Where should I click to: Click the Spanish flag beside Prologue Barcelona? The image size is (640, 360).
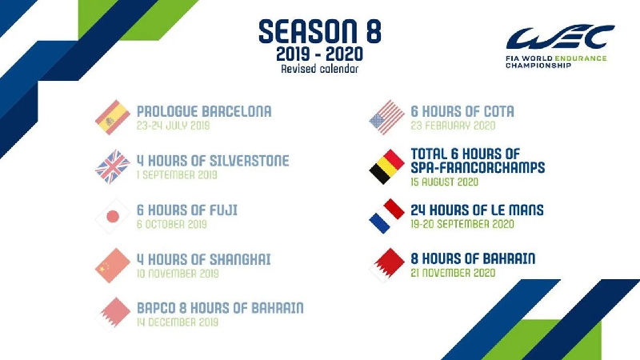[x=113, y=118]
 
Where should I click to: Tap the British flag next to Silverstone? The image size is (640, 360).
[x=113, y=166]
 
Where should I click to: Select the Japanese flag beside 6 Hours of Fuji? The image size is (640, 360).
[x=113, y=216]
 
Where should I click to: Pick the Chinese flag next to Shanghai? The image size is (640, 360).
[x=113, y=266]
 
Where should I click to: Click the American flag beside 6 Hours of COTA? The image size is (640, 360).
[x=387, y=118]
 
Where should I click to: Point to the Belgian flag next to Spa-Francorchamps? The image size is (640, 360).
[x=387, y=166]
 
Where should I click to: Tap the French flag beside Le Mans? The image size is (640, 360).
[x=387, y=216]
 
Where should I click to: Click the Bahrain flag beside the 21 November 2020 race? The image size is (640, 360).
[x=387, y=266]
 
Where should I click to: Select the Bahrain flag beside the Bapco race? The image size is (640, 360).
[x=113, y=314]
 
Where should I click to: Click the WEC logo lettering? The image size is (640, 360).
[x=561, y=37]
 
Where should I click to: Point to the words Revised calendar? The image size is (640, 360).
[x=319, y=69]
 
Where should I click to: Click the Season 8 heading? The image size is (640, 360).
[x=320, y=31]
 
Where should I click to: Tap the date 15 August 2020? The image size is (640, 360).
[x=445, y=182]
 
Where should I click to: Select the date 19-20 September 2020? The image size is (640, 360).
[x=462, y=224]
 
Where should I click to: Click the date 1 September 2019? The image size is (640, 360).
[x=177, y=174]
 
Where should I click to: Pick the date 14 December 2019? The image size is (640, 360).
[x=178, y=322]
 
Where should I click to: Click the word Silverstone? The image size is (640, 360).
[x=250, y=161]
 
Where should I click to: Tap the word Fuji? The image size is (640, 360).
[x=223, y=210]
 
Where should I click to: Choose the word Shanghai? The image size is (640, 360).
[x=240, y=259]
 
